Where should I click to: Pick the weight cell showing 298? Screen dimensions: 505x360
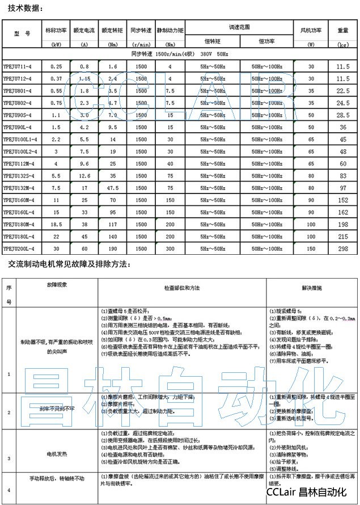[342, 249]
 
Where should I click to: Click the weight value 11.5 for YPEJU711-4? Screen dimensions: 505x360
[342, 66]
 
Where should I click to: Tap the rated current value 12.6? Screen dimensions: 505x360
[84, 175]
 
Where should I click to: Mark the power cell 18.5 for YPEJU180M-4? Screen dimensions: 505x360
[56, 224]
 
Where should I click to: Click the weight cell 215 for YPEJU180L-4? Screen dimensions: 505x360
[342, 237]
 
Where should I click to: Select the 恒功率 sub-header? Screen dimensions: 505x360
[266, 41]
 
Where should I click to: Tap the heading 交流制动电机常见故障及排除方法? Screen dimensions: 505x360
[69, 264]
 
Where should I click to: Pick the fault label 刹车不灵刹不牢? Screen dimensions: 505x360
[56, 408]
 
